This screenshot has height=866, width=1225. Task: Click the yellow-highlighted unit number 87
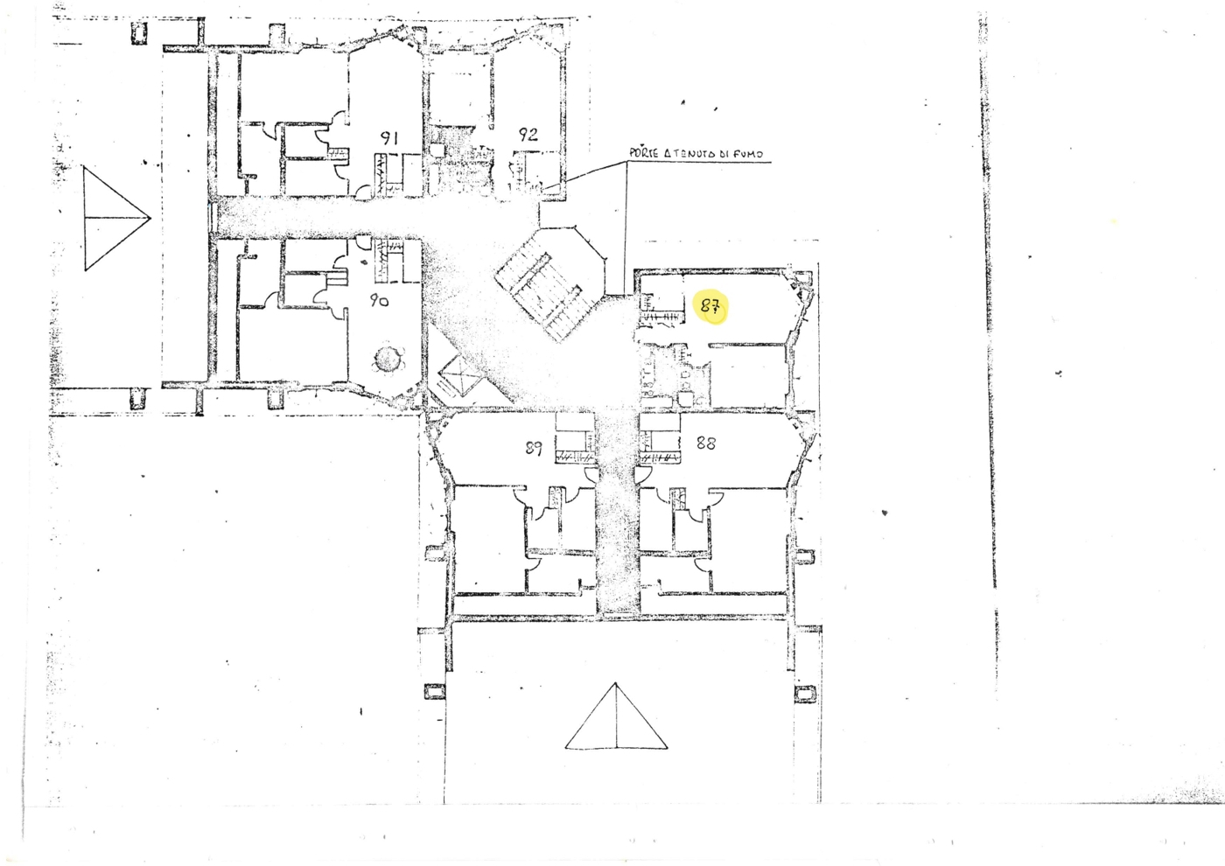710,306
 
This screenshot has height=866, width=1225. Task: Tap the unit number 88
705,443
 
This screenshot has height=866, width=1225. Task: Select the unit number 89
534,448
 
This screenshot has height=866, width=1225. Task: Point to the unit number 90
379,300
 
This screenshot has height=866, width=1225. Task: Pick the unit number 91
389,137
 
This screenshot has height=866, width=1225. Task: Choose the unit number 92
528,135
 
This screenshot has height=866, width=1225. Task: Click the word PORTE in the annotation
643,153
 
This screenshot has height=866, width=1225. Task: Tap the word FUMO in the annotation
748,154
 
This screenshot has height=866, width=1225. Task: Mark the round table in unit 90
388,359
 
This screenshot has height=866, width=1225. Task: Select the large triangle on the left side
114,218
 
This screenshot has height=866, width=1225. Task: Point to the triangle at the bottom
616,719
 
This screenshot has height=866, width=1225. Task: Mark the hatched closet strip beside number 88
661,457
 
